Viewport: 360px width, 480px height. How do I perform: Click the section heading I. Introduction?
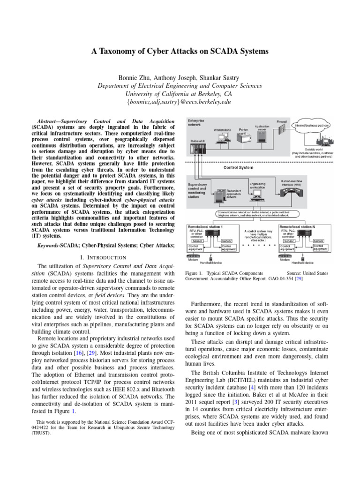[103, 257]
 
